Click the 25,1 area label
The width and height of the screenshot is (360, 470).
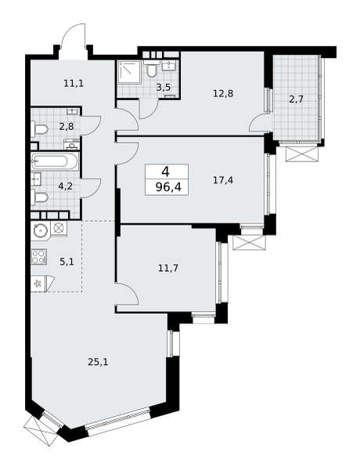[x=98, y=363]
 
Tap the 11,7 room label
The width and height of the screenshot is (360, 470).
[x=168, y=268]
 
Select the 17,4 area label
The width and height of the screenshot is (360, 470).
[x=223, y=180]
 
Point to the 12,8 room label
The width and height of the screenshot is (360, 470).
[x=223, y=93]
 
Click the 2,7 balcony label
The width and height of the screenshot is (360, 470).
[x=296, y=99]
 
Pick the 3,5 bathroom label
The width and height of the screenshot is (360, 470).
[x=164, y=88]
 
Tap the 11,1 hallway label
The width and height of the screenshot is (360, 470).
[x=74, y=83]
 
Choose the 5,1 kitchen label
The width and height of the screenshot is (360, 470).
[x=67, y=262]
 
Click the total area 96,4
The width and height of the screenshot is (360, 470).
[x=168, y=187]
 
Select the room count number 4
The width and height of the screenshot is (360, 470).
[x=166, y=172]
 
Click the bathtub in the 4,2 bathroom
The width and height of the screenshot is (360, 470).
[x=55, y=161]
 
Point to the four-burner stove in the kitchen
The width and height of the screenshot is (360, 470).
[x=39, y=257]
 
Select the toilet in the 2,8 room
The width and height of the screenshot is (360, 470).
[x=39, y=130]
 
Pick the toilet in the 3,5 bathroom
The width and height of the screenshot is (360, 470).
[x=152, y=69]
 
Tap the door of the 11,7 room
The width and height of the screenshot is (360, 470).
[x=127, y=294]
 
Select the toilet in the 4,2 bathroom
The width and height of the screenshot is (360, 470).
[x=39, y=198]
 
